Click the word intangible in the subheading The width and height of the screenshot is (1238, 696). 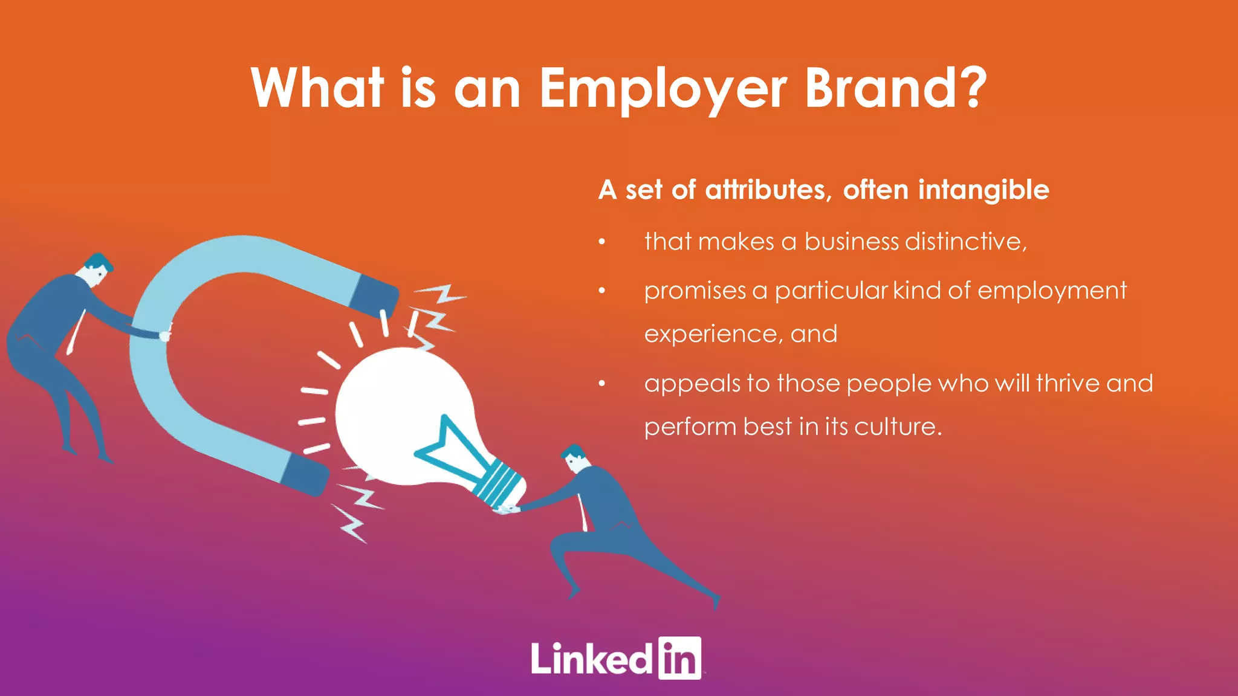[984, 191]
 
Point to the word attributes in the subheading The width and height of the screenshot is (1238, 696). [765, 190]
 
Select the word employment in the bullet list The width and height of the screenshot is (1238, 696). [1052, 291]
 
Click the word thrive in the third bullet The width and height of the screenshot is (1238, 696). [1068, 384]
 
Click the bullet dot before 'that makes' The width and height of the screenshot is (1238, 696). [601, 243]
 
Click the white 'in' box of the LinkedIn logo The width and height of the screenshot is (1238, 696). [679, 659]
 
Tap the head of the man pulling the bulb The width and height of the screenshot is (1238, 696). [575, 459]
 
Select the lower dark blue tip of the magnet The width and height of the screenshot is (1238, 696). [306, 474]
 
